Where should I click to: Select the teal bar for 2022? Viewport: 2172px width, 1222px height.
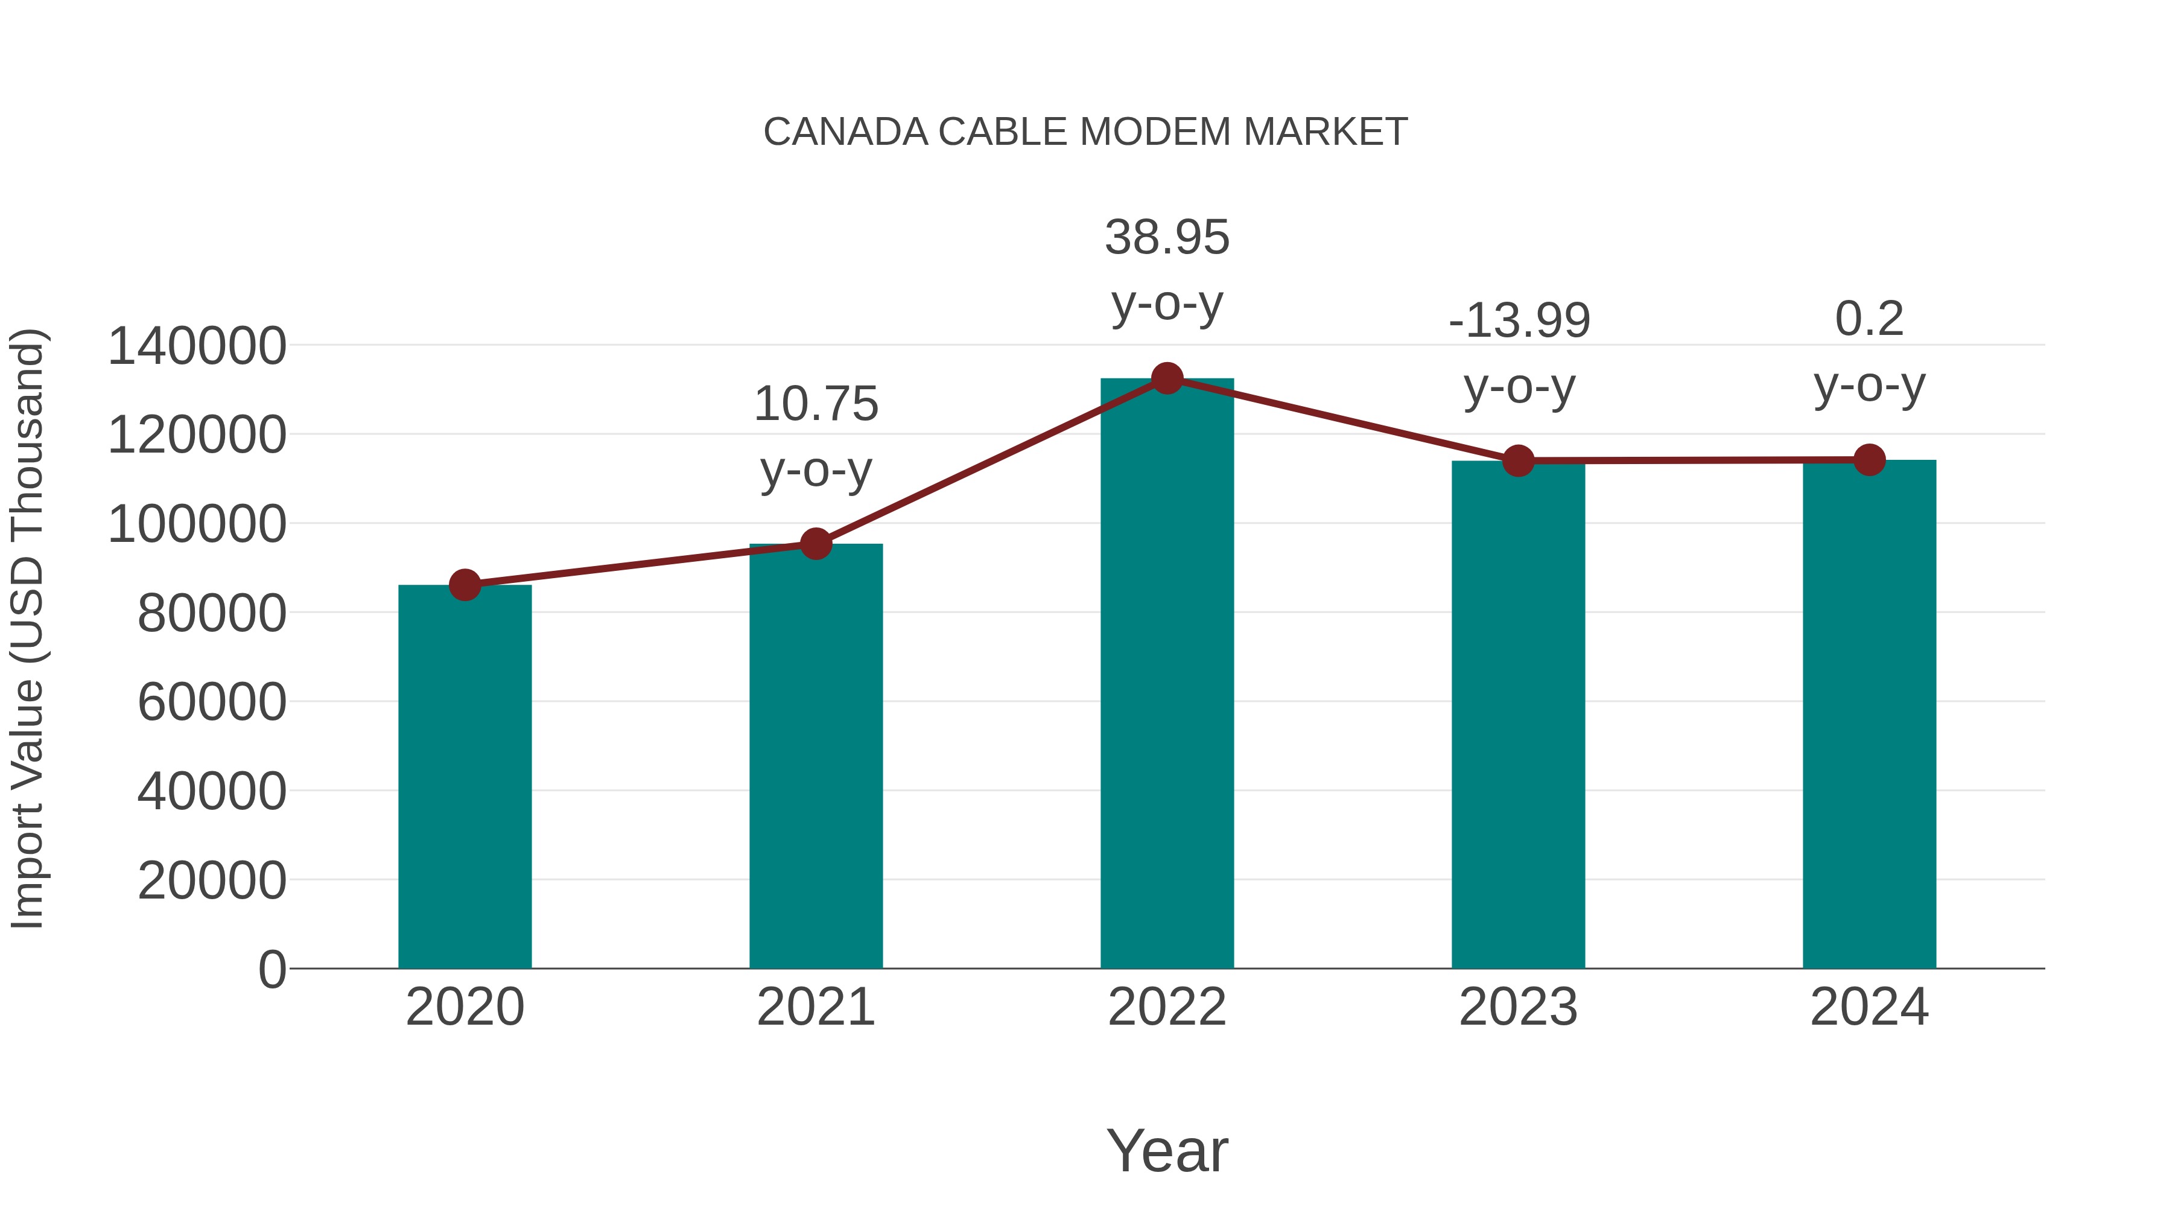tap(1167, 675)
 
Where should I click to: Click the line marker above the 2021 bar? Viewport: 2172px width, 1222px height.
tap(815, 544)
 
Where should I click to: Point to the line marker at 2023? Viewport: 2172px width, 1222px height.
tap(1518, 460)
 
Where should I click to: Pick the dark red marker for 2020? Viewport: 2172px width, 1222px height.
tap(465, 584)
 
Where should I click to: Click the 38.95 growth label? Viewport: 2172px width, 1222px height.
tap(1167, 237)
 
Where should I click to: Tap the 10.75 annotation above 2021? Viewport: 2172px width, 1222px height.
tap(815, 404)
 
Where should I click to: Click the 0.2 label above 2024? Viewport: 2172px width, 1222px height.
tap(1869, 319)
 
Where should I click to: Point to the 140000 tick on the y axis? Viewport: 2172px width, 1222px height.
tap(197, 346)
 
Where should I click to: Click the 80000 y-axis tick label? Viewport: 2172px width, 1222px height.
tap(212, 613)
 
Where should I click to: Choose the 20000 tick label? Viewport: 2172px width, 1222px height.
tap(212, 880)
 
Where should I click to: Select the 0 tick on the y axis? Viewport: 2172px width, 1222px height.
tap(272, 969)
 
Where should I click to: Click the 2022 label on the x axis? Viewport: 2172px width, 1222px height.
tap(1167, 1007)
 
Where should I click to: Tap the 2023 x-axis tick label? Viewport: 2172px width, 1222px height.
tap(1518, 1007)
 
